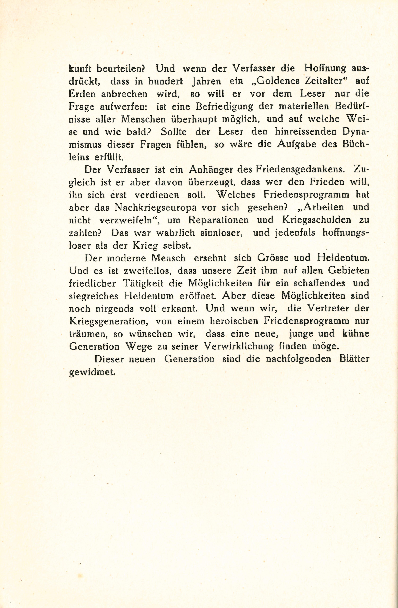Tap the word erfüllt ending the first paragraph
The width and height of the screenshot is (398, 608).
[109, 157]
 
